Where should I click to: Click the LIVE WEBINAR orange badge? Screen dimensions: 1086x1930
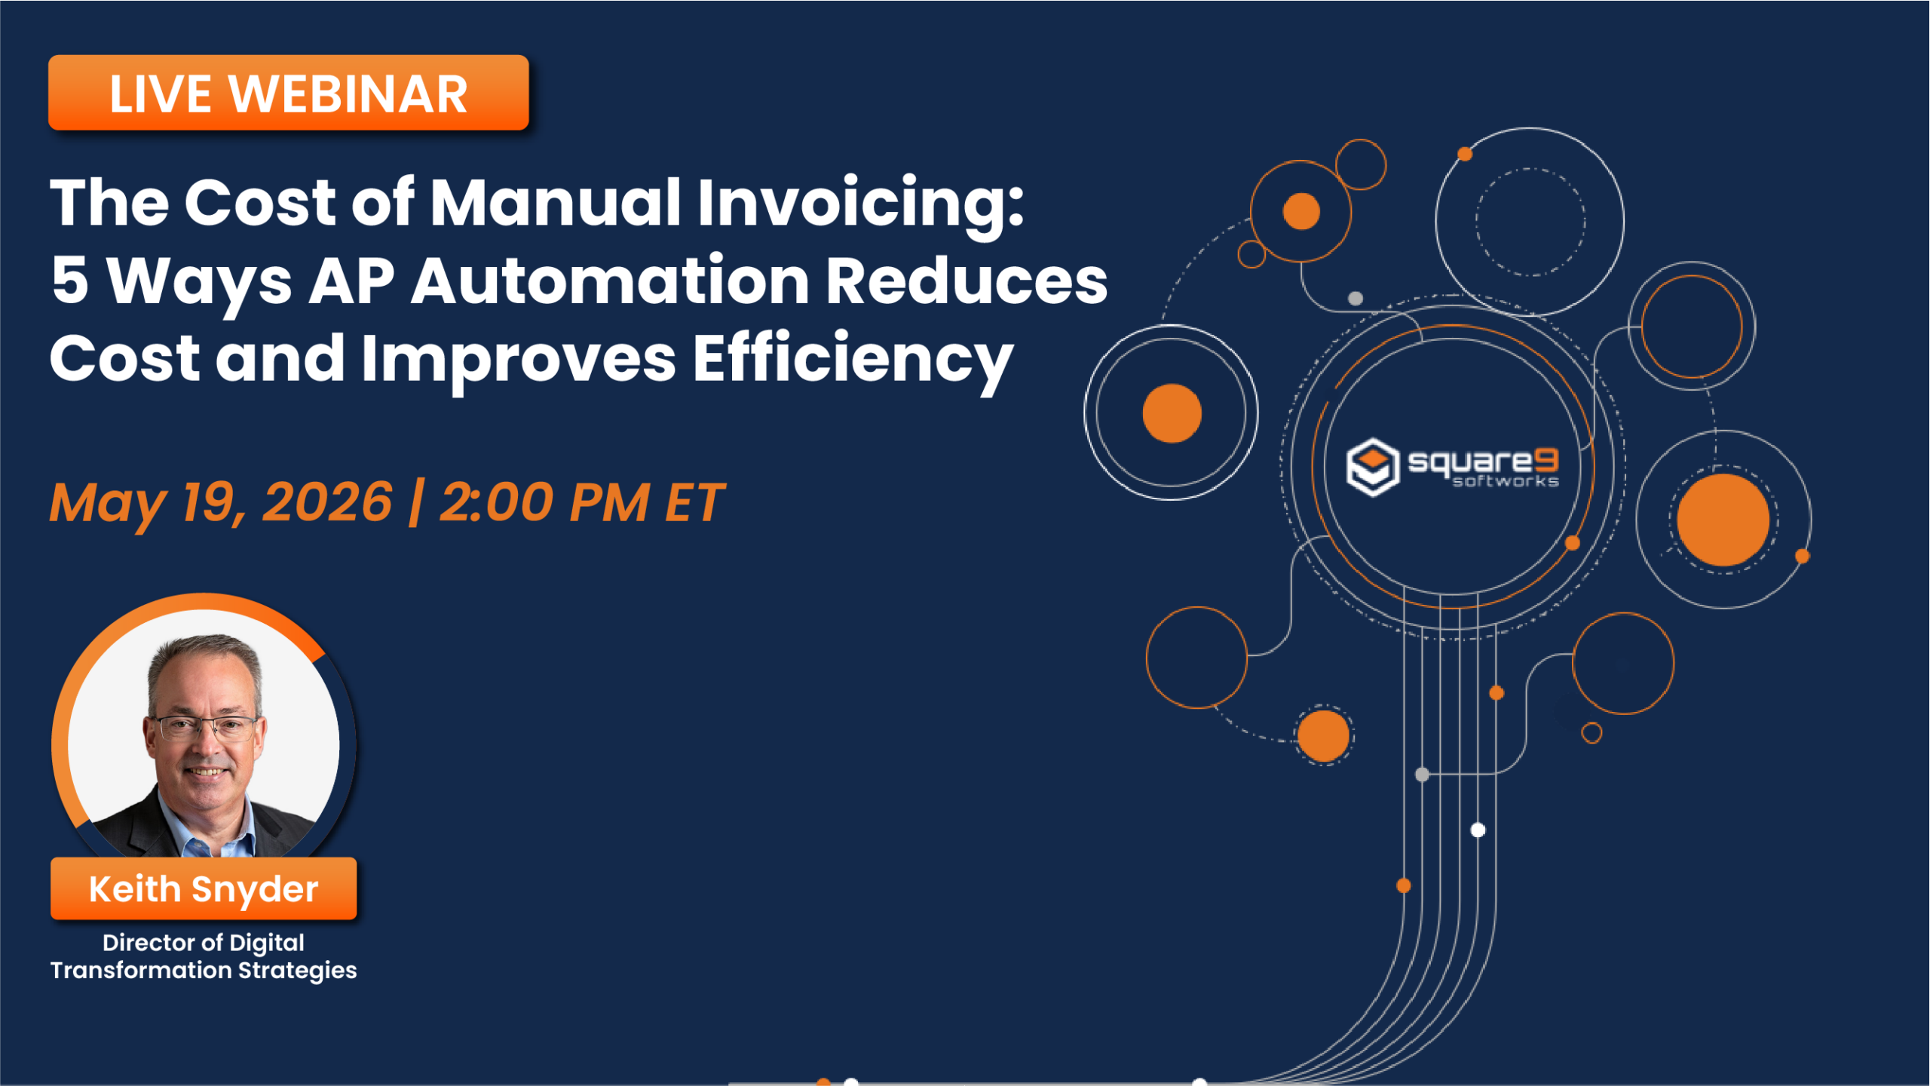[x=288, y=93]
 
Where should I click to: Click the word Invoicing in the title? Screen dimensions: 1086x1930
[x=859, y=204]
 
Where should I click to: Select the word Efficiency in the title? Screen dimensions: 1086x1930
[x=852, y=360]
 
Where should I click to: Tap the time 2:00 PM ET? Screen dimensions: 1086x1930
[x=581, y=503]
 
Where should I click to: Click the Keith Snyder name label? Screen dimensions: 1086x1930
[x=204, y=889]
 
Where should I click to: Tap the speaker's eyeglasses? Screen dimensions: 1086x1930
[x=204, y=728]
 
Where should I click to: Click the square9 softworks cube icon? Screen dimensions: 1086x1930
[x=1372, y=467]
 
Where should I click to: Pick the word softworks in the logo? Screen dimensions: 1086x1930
[x=1505, y=482]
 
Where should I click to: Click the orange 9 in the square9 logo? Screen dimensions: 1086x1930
[x=1546, y=459]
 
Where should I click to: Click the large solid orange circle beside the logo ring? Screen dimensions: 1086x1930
[x=1723, y=520]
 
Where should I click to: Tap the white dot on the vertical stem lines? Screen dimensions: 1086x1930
[x=1478, y=830]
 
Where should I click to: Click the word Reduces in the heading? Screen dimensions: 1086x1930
[x=966, y=281]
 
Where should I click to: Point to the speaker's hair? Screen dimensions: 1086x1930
[x=204, y=656]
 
